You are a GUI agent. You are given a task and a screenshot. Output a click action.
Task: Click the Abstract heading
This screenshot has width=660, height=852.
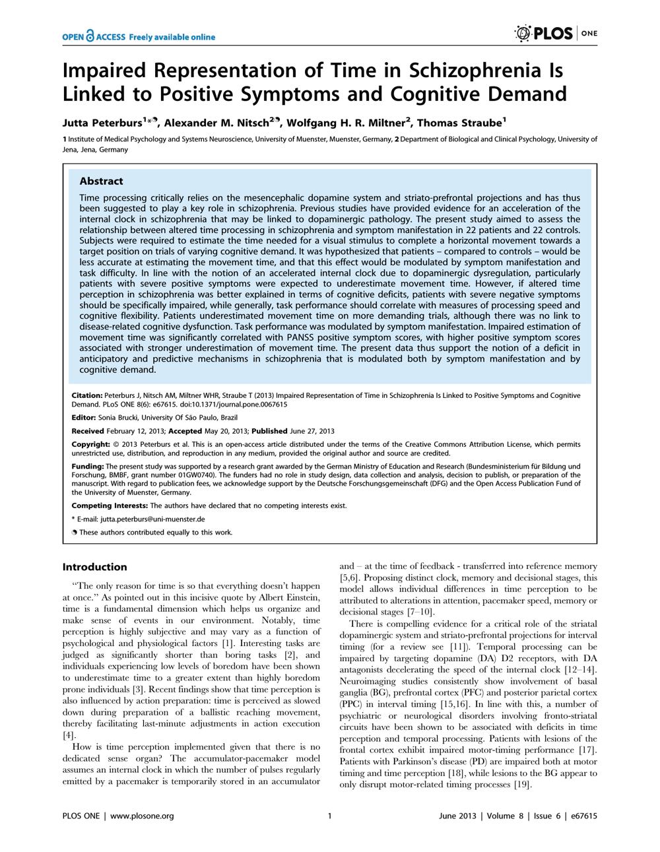[x=101, y=181]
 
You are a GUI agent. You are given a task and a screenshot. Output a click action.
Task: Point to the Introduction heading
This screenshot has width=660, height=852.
[x=94, y=566]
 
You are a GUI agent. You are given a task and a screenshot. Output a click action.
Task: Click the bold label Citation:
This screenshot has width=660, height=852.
[x=86, y=395]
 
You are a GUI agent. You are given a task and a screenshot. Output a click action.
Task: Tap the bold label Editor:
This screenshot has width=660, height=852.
[x=83, y=418]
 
